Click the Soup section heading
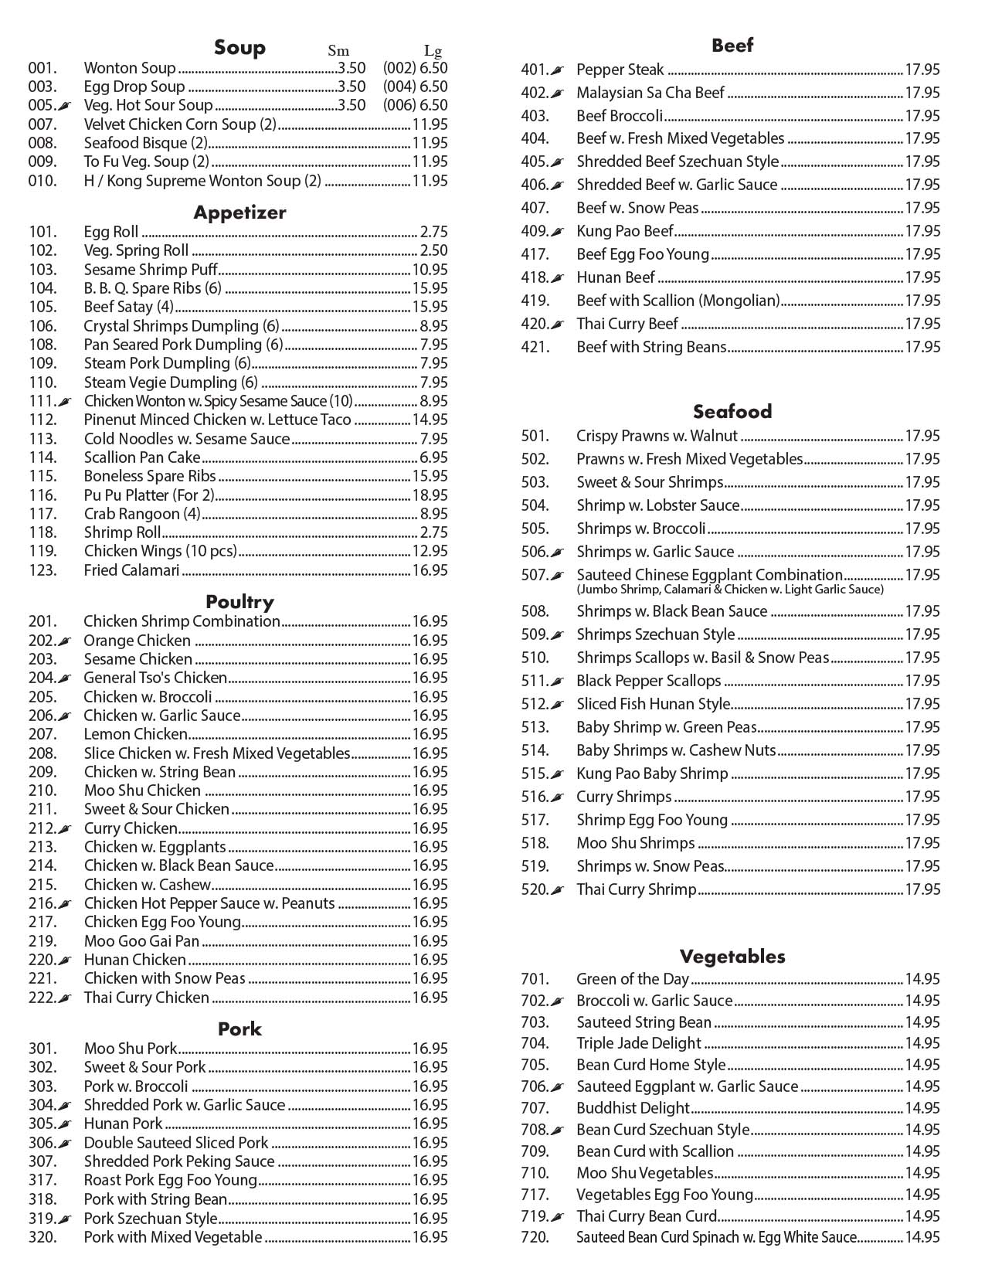(239, 48)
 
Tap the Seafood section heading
(732, 411)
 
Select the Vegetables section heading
(732, 957)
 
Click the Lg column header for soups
(433, 52)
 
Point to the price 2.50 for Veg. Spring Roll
(433, 250)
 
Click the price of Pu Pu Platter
(430, 495)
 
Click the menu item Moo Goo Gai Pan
(141, 941)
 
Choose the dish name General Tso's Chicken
(155, 678)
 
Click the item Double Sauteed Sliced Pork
(176, 1143)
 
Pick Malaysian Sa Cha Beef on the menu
(650, 93)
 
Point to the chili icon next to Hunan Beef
(559, 278)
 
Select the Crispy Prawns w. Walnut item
(657, 436)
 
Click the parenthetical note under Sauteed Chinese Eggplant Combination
(729, 590)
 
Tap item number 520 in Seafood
(534, 889)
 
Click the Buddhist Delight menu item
(633, 1108)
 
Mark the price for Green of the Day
(922, 979)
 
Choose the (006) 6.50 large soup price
(415, 105)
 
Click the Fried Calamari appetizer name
(131, 570)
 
